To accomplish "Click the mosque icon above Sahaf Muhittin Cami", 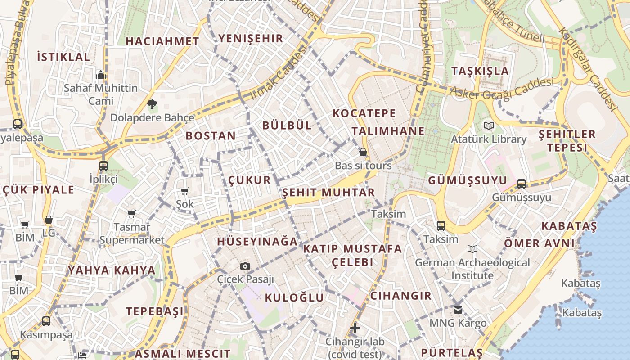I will (101, 74).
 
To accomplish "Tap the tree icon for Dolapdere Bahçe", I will (152, 104).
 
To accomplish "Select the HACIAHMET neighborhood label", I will (162, 41).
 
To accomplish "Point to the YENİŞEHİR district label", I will (251, 38).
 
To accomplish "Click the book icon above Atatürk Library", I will (488, 126).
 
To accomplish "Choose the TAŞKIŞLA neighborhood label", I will (480, 71).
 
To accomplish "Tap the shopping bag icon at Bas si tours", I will (363, 153).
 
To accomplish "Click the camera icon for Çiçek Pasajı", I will (245, 266).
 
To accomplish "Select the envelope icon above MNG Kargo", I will (458, 310).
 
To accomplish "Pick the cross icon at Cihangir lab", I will (355, 328).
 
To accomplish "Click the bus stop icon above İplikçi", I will (103, 166).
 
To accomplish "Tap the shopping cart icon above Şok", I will (184, 191).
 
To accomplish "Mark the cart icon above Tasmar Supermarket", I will (131, 214).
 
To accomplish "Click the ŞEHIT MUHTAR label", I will (328, 193).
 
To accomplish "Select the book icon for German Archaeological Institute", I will (472, 249).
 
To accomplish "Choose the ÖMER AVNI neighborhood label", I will (539, 243).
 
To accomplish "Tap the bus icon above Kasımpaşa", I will (46, 321).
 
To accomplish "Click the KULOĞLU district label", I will (294, 297).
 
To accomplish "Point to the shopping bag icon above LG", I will (49, 220).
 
